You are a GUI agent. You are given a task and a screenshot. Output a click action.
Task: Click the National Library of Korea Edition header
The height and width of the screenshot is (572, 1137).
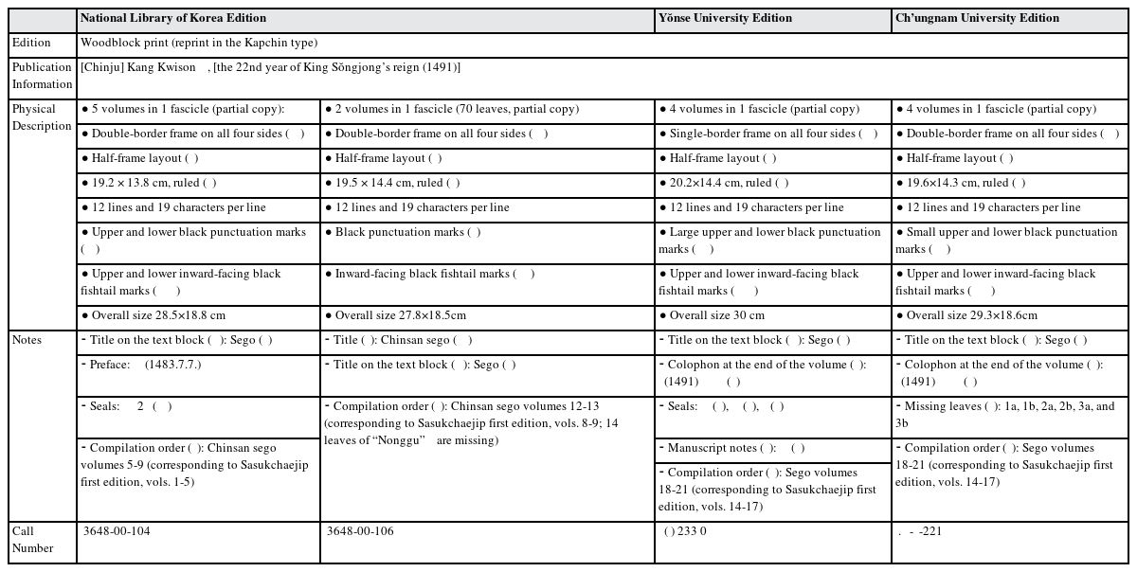click(x=173, y=18)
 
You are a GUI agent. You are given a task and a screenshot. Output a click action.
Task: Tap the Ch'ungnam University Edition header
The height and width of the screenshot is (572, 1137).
click(x=977, y=18)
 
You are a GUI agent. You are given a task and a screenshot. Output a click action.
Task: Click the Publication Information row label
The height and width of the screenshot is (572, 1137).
click(x=42, y=76)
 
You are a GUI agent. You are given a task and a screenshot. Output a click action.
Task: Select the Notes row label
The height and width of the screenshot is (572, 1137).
click(x=28, y=340)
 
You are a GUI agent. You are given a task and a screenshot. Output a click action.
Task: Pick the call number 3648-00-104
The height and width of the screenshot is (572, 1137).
click(x=117, y=531)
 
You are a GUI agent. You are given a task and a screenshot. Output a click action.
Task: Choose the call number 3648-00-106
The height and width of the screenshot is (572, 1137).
click(x=360, y=531)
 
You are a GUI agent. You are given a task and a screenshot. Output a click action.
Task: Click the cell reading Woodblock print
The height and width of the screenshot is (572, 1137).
click(x=199, y=43)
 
